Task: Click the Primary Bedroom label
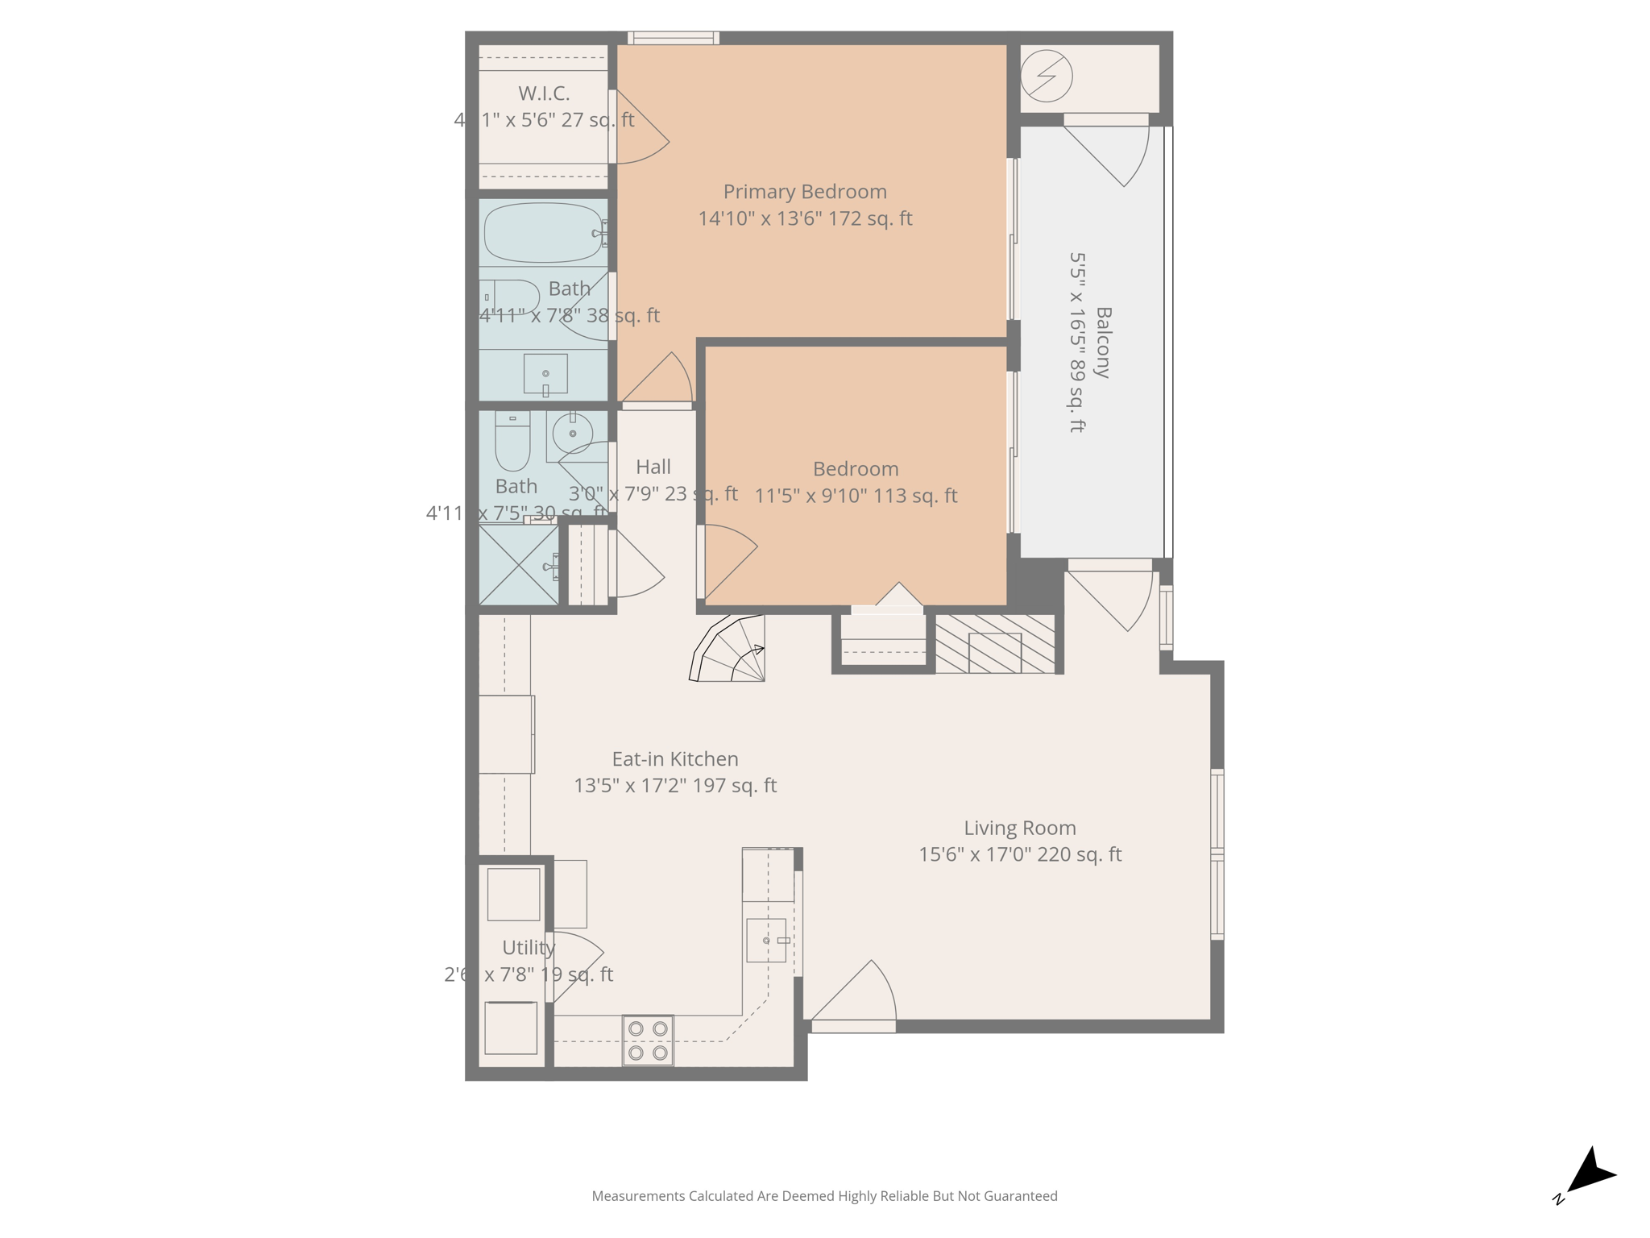pyautogui.click(x=804, y=192)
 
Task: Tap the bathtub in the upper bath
pyautogui.click(x=543, y=233)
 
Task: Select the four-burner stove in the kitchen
pyautogui.click(x=648, y=1041)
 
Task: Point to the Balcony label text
pyautogui.click(x=1103, y=343)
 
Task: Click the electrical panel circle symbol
pyautogui.click(x=1046, y=77)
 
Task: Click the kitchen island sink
pyautogui.click(x=766, y=941)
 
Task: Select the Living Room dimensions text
pyautogui.click(x=1020, y=854)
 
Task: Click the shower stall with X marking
pyautogui.click(x=519, y=565)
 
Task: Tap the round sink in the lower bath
pyautogui.click(x=573, y=434)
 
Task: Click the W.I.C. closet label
pyautogui.click(x=544, y=93)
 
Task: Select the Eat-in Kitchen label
pyautogui.click(x=675, y=759)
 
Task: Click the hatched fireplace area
pyautogui.click(x=995, y=644)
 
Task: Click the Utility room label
pyautogui.click(x=529, y=948)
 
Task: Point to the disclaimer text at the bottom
pyautogui.click(x=824, y=1196)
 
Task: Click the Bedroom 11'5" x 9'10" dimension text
pyautogui.click(x=856, y=496)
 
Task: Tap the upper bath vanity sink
pyautogui.click(x=545, y=374)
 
